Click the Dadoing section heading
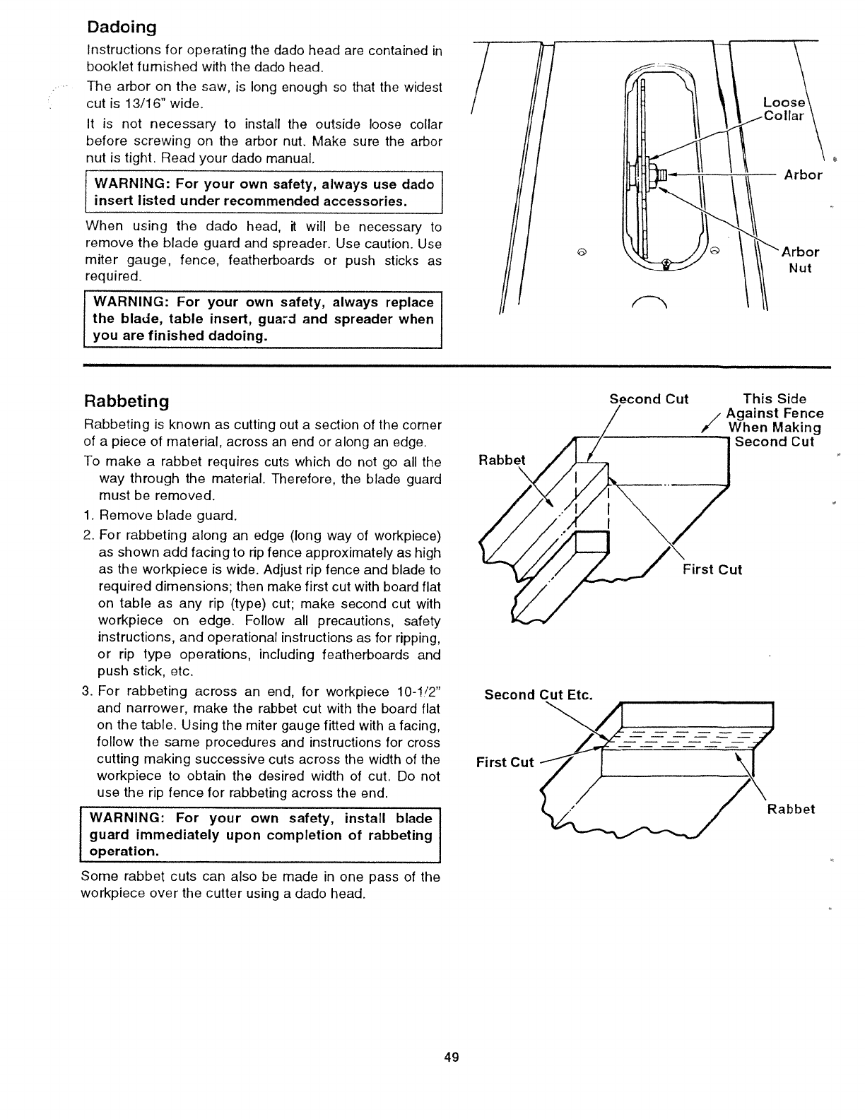(121, 28)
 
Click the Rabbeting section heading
(126, 401)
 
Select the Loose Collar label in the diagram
(784, 109)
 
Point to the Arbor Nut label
(800, 260)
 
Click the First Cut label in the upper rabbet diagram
(712, 570)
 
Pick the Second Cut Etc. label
(538, 694)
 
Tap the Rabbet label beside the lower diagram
(791, 809)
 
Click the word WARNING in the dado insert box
(131, 184)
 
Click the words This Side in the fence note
(774, 399)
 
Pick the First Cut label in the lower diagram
(505, 762)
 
